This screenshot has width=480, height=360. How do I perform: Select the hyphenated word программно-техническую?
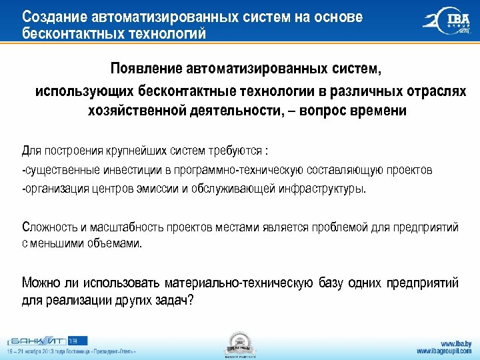tap(225, 170)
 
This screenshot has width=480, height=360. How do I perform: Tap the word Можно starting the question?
tap(41, 283)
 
